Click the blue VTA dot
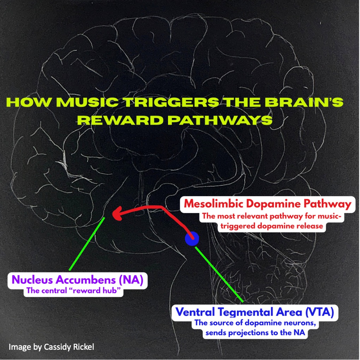point(192,239)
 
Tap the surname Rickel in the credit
point(83,347)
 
